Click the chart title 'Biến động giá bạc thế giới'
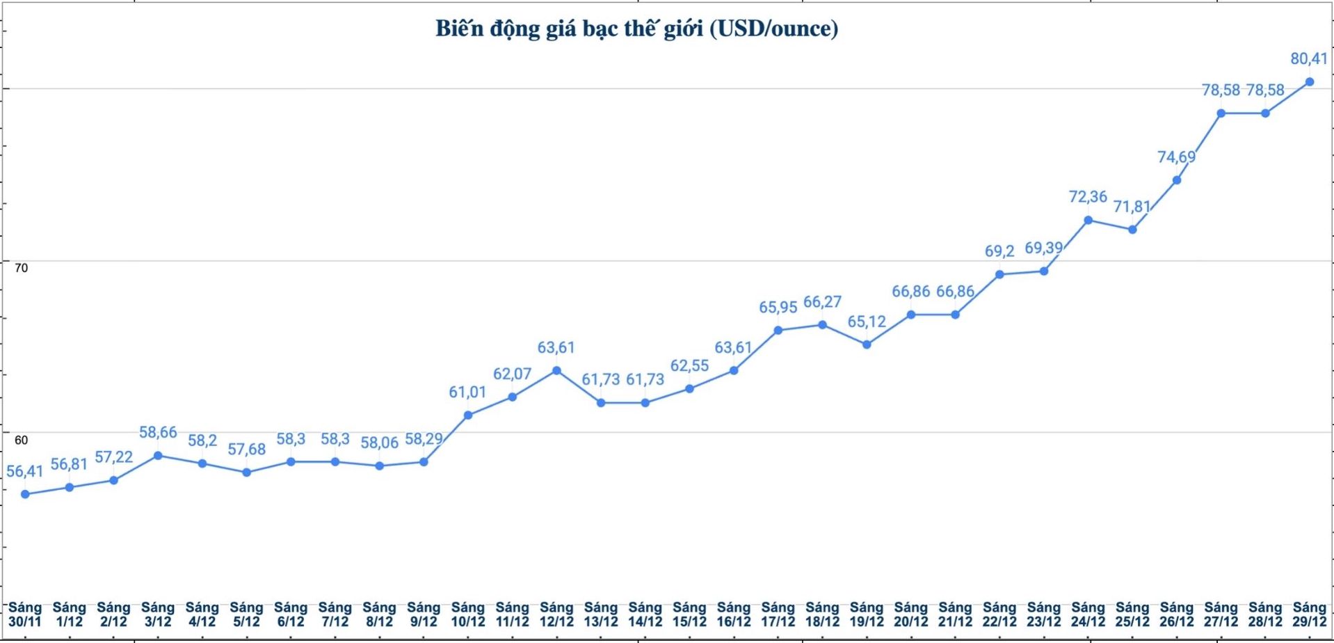pos(636,29)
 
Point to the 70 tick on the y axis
pos(22,268)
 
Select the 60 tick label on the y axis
pos(22,440)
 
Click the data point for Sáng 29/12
pos(1310,81)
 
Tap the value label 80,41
pos(1309,59)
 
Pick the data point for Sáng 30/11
pos(25,494)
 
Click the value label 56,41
pos(25,471)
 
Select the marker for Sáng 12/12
pos(556,370)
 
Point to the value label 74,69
pos(1176,157)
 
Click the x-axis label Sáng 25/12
pos(1132,614)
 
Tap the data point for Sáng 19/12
pos(867,344)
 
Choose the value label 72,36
pos(1088,197)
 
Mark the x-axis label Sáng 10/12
pos(468,614)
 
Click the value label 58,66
pos(158,432)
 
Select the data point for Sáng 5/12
pos(246,473)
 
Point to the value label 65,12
pos(867,321)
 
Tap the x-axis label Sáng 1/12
pos(70,614)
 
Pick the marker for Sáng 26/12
pos(1177,180)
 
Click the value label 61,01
pos(467,392)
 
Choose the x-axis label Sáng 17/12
pos(778,614)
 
